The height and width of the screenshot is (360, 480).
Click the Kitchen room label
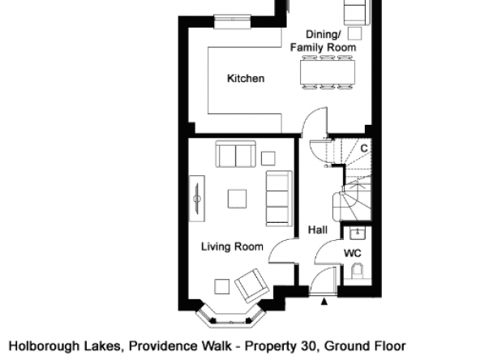tap(246, 79)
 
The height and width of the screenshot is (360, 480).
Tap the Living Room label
tap(232, 246)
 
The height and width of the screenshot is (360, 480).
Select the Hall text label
tap(318, 230)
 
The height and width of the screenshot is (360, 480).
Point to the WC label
tap(353, 253)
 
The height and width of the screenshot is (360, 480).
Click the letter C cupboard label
tap(364, 148)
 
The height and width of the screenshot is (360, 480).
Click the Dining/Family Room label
tap(324, 41)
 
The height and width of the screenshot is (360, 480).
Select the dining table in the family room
tap(328, 72)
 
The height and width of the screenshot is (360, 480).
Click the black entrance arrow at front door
tap(324, 302)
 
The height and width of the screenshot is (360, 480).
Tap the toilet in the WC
tap(357, 270)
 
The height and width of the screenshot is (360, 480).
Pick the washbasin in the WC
tap(358, 234)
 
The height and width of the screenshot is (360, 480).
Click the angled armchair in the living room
tap(251, 285)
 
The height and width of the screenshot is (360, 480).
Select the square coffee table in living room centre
tap(237, 199)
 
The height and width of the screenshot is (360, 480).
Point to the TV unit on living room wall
tap(197, 199)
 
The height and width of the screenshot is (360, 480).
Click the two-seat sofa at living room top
tap(236, 154)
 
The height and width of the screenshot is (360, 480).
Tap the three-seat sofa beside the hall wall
tap(279, 199)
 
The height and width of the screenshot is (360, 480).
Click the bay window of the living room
tap(230, 317)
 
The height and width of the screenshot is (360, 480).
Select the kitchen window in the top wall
tap(233, 21)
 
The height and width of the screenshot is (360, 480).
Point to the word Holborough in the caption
tap(45, 346)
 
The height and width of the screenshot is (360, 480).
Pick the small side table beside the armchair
tap(222, 286)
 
